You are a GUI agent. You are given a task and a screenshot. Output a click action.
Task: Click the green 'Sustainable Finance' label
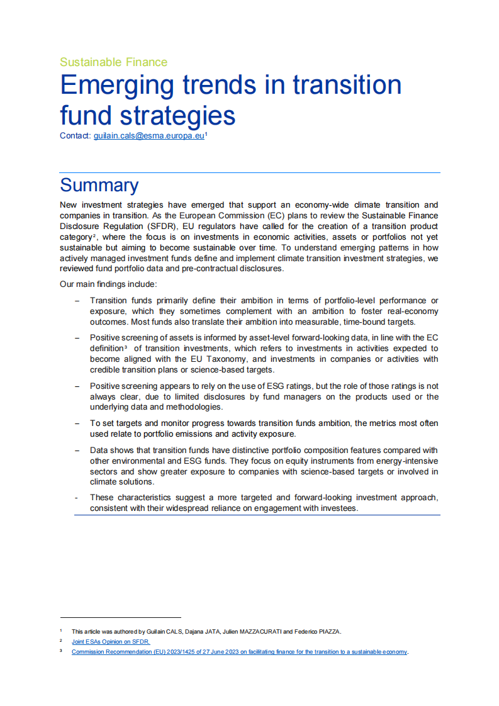pyautogui.click(x=113, y=62)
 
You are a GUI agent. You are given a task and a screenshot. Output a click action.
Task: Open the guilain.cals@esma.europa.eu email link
pyautogui.click(x=149, y=136)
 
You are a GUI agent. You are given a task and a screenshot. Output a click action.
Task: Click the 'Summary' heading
pyautogui.click(x=99, y=186)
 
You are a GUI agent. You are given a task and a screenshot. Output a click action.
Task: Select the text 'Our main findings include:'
pyautogui.click(x=103, y=284)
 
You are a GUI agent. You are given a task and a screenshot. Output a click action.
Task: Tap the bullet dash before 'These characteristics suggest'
pyautogui.click(x=76, y=498)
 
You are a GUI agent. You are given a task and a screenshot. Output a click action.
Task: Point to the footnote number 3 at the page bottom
pyautogui.click(x=61, y=651)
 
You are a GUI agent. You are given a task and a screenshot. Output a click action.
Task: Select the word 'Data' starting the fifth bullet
pyautogui.click(x=99, y=451)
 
